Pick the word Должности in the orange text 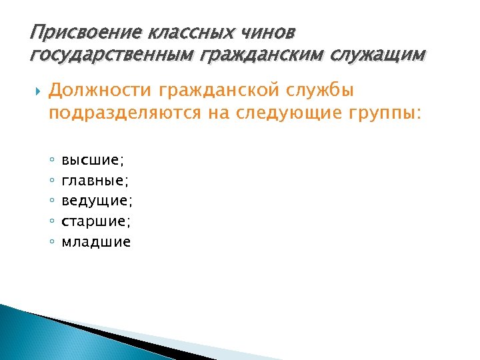tap(101, 90)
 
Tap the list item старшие tap(96, 221)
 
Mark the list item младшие tap(96, 241)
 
